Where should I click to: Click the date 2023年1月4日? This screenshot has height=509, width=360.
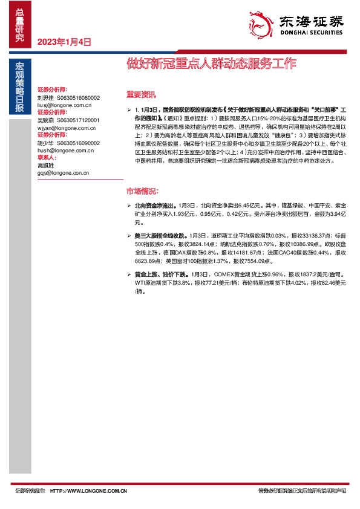pos(64,42)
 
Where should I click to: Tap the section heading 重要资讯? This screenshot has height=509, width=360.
pos(140,95)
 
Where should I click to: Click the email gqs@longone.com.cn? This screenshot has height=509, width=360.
pos(64,173)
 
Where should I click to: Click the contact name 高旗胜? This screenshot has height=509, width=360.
pos(46,165)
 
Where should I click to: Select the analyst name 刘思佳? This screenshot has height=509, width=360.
pos(46,97)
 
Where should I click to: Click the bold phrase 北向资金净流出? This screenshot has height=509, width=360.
pos(155,206)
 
